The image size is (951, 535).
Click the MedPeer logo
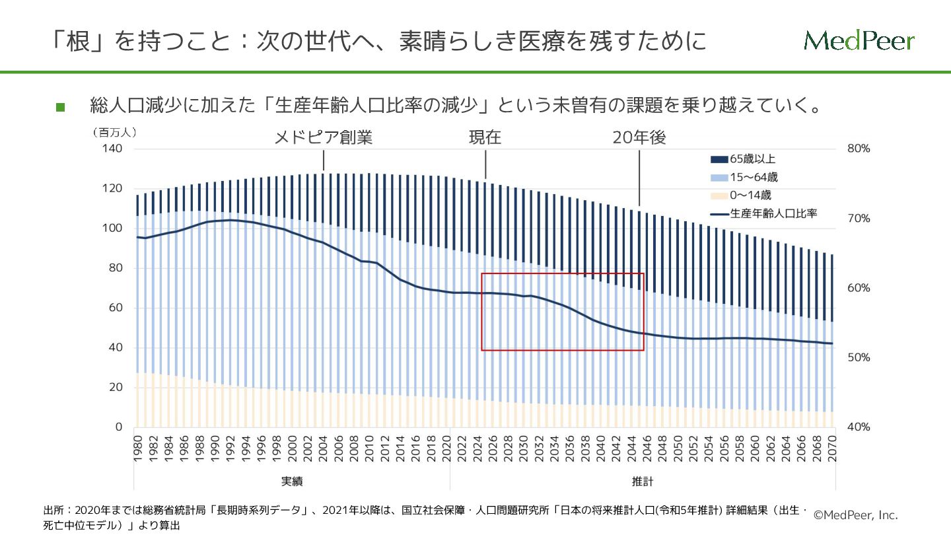coord(859,41)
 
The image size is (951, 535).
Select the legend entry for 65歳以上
coord(752,159)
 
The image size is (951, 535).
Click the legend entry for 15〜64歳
coord(752,177)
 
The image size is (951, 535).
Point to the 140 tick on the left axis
coord(113,149)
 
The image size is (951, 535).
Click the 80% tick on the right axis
coord(859,149)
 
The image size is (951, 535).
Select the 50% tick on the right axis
coord(859,357)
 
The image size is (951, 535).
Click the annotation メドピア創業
coord(323,138)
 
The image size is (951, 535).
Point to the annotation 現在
coord(485,138)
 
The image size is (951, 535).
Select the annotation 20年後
coord(639,138)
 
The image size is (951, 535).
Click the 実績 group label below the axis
coord(291,480)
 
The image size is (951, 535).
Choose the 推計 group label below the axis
coord(642,480)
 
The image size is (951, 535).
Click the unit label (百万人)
coord(114,131)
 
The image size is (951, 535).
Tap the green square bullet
coord(61,107)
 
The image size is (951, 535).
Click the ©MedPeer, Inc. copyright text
coord(855,515)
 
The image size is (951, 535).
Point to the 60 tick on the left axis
coord(116,308)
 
